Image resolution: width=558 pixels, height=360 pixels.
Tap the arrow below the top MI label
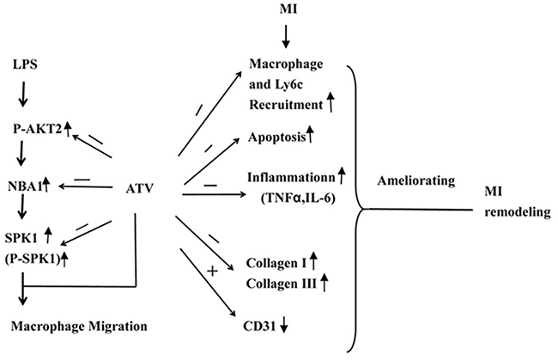click(x=287, y=37)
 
